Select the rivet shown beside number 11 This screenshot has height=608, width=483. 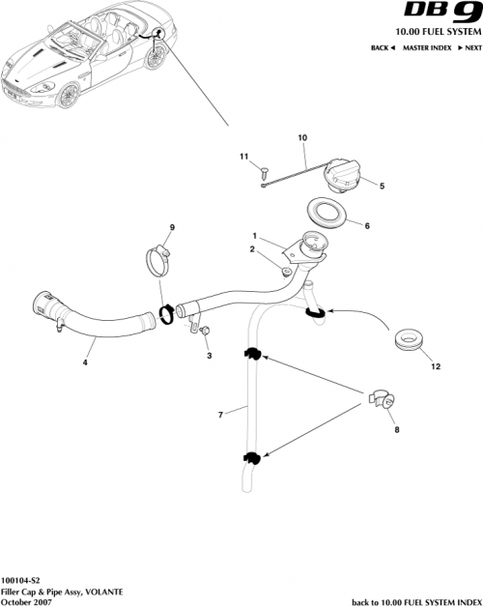coord(263,171)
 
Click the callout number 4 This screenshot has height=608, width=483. coord(85,363)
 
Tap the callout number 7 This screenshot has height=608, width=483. coord(221,415)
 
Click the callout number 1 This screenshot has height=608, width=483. coord(255,235)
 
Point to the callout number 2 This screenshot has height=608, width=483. coord(252,250)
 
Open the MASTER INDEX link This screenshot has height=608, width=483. coord(428,47)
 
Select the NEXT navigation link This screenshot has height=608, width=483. coord(469,47)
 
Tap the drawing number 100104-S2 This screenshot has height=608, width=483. coord(22,581)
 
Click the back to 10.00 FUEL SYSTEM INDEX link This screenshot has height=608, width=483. coord(415,600)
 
